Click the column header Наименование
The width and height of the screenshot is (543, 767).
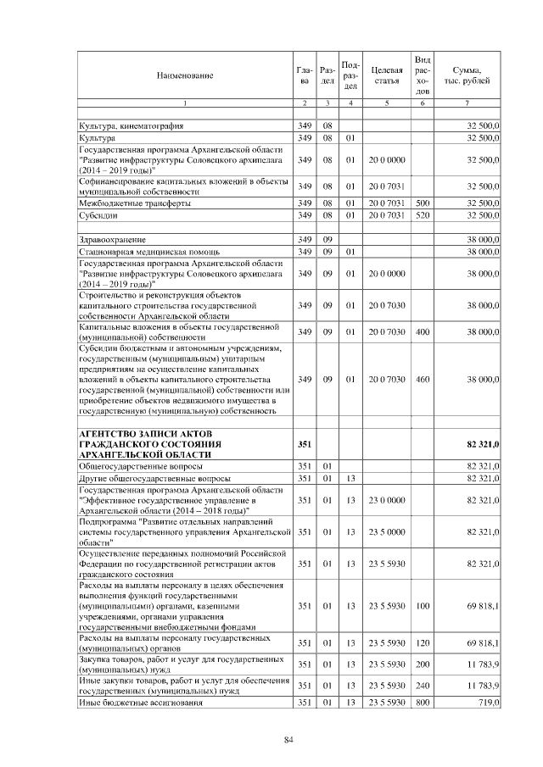tap(184, 75)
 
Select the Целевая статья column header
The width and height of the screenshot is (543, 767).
tap(386, 75)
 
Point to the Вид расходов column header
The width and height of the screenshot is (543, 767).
tap(423, 75)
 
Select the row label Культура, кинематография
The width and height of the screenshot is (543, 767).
tap(131, 125)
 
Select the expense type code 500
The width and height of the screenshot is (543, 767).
tap(423, 204)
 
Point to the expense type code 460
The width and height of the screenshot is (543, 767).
tap(423, 380)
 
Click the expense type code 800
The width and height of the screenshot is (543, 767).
tap(423, 703)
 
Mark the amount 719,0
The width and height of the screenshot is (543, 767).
tap(487, 703)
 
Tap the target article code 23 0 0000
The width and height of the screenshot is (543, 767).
tap(386, 501)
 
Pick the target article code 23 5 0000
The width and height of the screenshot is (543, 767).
tap(386, 532)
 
